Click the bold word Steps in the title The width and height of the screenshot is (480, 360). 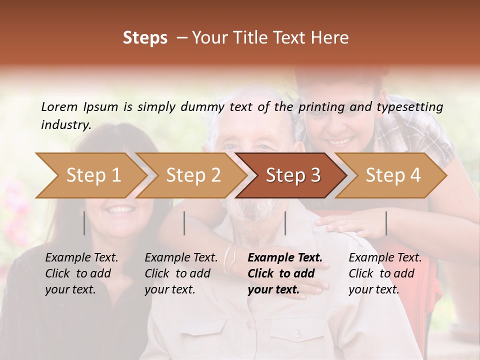point(145,38)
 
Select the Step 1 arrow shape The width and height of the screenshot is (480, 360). point(90,175)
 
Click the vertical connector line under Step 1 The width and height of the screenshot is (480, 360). point(84,223)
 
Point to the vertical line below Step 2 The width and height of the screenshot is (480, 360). point(184,223)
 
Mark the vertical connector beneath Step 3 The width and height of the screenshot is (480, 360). point(285,223)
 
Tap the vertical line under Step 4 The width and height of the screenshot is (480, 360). point(386,223)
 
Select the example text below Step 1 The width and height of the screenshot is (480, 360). point(81,273)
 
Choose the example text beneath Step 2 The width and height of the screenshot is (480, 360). point(181,273)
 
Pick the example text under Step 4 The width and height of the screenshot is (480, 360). point(385,273)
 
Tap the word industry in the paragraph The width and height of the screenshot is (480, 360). point(66,124)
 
